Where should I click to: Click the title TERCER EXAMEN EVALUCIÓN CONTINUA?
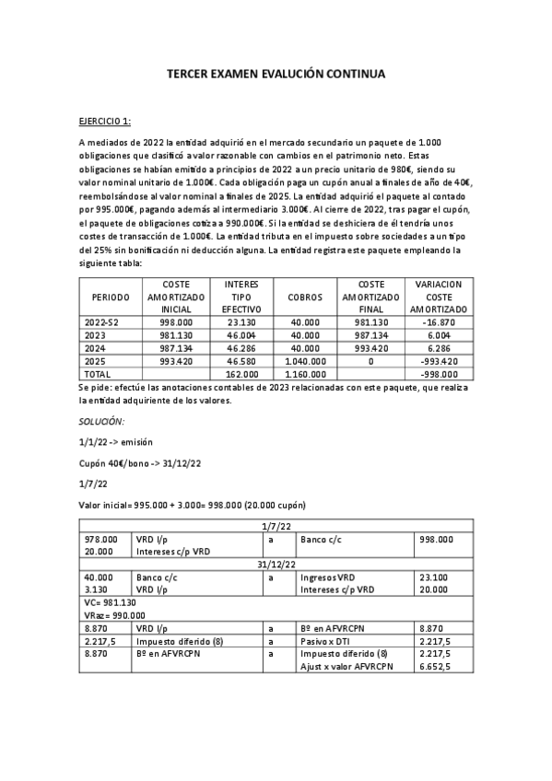click(x=276, y=72)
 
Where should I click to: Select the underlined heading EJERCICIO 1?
click(x=105, y=121)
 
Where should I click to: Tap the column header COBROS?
click(x=304, y=297)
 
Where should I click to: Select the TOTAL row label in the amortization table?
click(x=98, y=375)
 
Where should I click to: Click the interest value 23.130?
click(x=241, y=323)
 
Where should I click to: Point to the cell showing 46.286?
click(x=241, y=349)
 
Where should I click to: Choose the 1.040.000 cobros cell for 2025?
click(x=304, y=362)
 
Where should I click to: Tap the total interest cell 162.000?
click(x=241, y=375)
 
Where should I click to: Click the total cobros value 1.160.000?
click(x=304, y=375)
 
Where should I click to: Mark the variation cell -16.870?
click(x=439, y=323)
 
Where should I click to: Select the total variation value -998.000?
click(x=439, y=375)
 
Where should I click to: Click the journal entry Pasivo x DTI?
click(x=328, y=641)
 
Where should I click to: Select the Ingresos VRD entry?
click(x=327, y=577)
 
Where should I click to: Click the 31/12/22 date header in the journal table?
click(x=276, y=564)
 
